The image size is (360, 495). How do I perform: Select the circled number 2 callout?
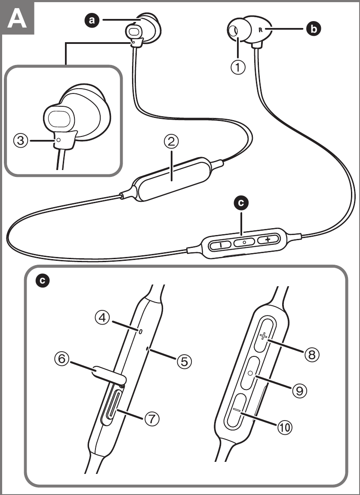[x=171, y=142]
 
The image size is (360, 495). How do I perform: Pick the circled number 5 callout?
[x=184, y=361]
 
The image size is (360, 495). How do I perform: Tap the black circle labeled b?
[x=313, y=29]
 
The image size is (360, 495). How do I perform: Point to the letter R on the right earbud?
[x=260, y=30]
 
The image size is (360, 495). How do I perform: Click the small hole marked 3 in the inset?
[x=58, y=140]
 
